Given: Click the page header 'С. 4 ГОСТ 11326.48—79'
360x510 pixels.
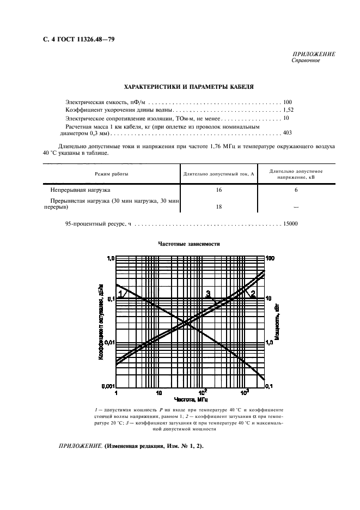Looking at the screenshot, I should (78, 40).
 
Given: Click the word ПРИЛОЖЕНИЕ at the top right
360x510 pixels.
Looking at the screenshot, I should (314, 54).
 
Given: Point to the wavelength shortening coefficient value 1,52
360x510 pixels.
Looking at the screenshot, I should (288, 110).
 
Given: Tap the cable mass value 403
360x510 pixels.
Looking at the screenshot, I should (288, 132).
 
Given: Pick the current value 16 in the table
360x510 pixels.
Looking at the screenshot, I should (219, 190).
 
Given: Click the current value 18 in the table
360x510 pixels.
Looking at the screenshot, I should (219, 207).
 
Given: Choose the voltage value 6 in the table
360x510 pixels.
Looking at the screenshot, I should (296, 190).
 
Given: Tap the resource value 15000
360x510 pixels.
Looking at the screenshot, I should (290, 223).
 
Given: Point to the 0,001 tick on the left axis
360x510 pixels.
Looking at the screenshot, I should (107, 386).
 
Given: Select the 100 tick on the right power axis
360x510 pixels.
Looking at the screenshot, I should (270, 258).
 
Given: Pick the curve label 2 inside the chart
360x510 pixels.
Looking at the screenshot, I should (252, 294).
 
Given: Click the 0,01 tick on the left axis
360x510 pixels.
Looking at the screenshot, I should (108, 342).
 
